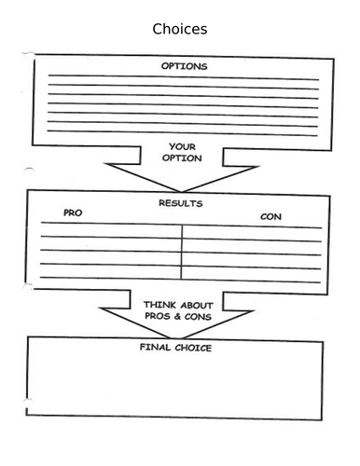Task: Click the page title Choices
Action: (180, 29)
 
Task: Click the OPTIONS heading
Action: (185, 67)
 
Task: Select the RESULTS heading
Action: (182, 202)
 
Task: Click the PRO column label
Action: (73, 213)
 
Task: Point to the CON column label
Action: (271, 217)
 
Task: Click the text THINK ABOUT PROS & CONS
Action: (180, 310)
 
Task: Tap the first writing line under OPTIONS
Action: (182, 79)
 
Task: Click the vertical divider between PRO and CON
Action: (181, 252)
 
